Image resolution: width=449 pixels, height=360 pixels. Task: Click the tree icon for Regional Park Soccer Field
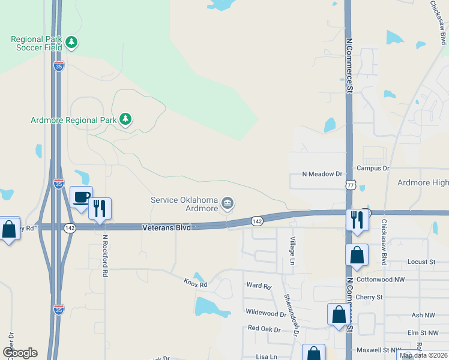coord(72,42)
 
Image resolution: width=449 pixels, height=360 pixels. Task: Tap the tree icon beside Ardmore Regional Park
coord(125,119)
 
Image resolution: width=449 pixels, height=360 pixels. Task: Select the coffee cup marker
coord(81,197)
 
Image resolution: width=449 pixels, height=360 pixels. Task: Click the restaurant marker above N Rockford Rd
coord(100,208)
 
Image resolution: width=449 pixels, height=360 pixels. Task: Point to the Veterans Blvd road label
coord(166,228)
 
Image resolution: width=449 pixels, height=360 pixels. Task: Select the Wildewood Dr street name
coord(266,313)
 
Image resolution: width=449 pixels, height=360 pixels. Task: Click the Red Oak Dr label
coord(264,328)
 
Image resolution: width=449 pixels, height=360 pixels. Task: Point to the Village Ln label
coord(292,250)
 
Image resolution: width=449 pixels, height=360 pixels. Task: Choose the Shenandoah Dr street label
coord(291,312)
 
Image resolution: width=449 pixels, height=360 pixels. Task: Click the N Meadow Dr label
coord(322,175)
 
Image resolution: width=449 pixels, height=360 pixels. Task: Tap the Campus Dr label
coord(373,169)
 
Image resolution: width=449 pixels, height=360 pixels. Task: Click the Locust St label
coord(421,262)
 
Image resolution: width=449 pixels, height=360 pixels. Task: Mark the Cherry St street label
coord(369,297)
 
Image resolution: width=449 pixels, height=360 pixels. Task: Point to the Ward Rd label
coord(259,286)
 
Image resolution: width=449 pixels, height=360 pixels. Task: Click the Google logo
coord(20,353)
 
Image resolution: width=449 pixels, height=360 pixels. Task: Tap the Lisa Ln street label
coord(266,356)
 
